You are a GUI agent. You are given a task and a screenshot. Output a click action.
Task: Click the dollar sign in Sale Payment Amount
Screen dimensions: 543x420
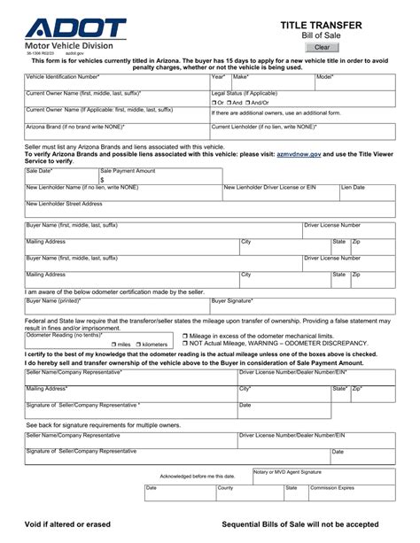point(103,179)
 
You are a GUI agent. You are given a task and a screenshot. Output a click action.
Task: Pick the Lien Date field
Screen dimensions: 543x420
point(371,192)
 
